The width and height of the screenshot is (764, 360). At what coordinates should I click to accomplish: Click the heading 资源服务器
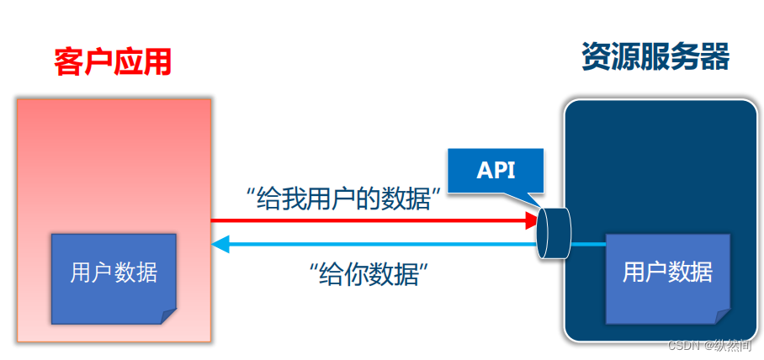[655, 56]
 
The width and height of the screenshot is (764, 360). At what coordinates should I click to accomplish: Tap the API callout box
[496, 171]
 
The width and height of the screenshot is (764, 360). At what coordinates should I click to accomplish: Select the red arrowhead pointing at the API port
[530, 221]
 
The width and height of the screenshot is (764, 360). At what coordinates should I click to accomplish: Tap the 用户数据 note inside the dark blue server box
[667, 272]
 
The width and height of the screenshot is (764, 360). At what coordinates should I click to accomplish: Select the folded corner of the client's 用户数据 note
[168, 316]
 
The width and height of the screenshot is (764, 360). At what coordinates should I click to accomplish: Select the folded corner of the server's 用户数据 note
[722, 315]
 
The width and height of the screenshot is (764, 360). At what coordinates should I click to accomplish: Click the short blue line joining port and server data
[589, 245]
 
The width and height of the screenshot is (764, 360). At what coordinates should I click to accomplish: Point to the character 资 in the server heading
[596, 56]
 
